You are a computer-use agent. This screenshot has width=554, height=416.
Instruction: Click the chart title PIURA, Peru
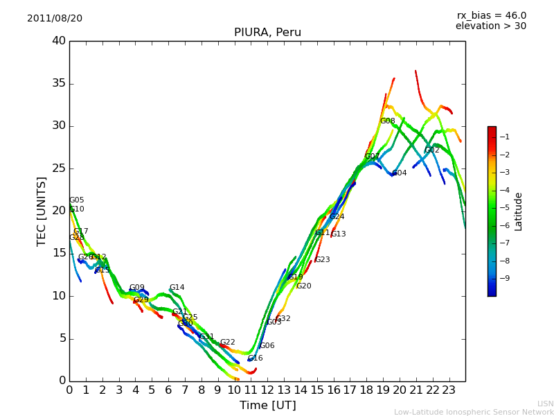(x=267, y=33)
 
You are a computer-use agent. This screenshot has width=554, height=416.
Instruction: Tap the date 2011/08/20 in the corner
(x=55, y=18)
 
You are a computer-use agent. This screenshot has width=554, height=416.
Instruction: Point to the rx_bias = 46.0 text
(x=491, y=15)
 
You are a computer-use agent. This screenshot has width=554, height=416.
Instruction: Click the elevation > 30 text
(x=490, y=26)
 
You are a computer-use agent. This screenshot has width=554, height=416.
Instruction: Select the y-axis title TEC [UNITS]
(x=42, y=211)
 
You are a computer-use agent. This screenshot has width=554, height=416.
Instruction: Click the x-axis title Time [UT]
(x=267, y=405)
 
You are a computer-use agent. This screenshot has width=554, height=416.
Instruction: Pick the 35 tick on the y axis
(x=59, y=84)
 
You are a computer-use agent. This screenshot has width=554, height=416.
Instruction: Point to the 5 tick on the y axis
(x=62, y=338)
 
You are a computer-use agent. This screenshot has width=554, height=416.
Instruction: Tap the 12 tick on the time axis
(x=267, y=390)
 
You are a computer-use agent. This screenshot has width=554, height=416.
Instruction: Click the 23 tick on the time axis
(x=449, y=390)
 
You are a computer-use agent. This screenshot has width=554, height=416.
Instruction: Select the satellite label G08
(x=387, y=121)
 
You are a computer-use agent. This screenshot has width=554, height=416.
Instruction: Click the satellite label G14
(x=177, y=288)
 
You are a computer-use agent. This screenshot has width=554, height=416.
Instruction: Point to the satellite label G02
(x=432, y=150)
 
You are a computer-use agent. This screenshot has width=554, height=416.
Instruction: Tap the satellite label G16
(x=256, y=358)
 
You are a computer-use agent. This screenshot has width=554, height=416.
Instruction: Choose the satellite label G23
(x=323, y=260)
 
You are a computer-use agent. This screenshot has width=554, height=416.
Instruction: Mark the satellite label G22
(x=228, y=343)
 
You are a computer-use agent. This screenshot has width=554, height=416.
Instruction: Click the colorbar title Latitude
(x=518, y=211)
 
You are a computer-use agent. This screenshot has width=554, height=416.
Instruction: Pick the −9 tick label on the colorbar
(x=505, y=279)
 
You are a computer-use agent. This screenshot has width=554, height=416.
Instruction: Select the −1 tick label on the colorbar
(x=505, y=137)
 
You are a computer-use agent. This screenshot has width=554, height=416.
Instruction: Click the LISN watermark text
(x=545, y=404)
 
